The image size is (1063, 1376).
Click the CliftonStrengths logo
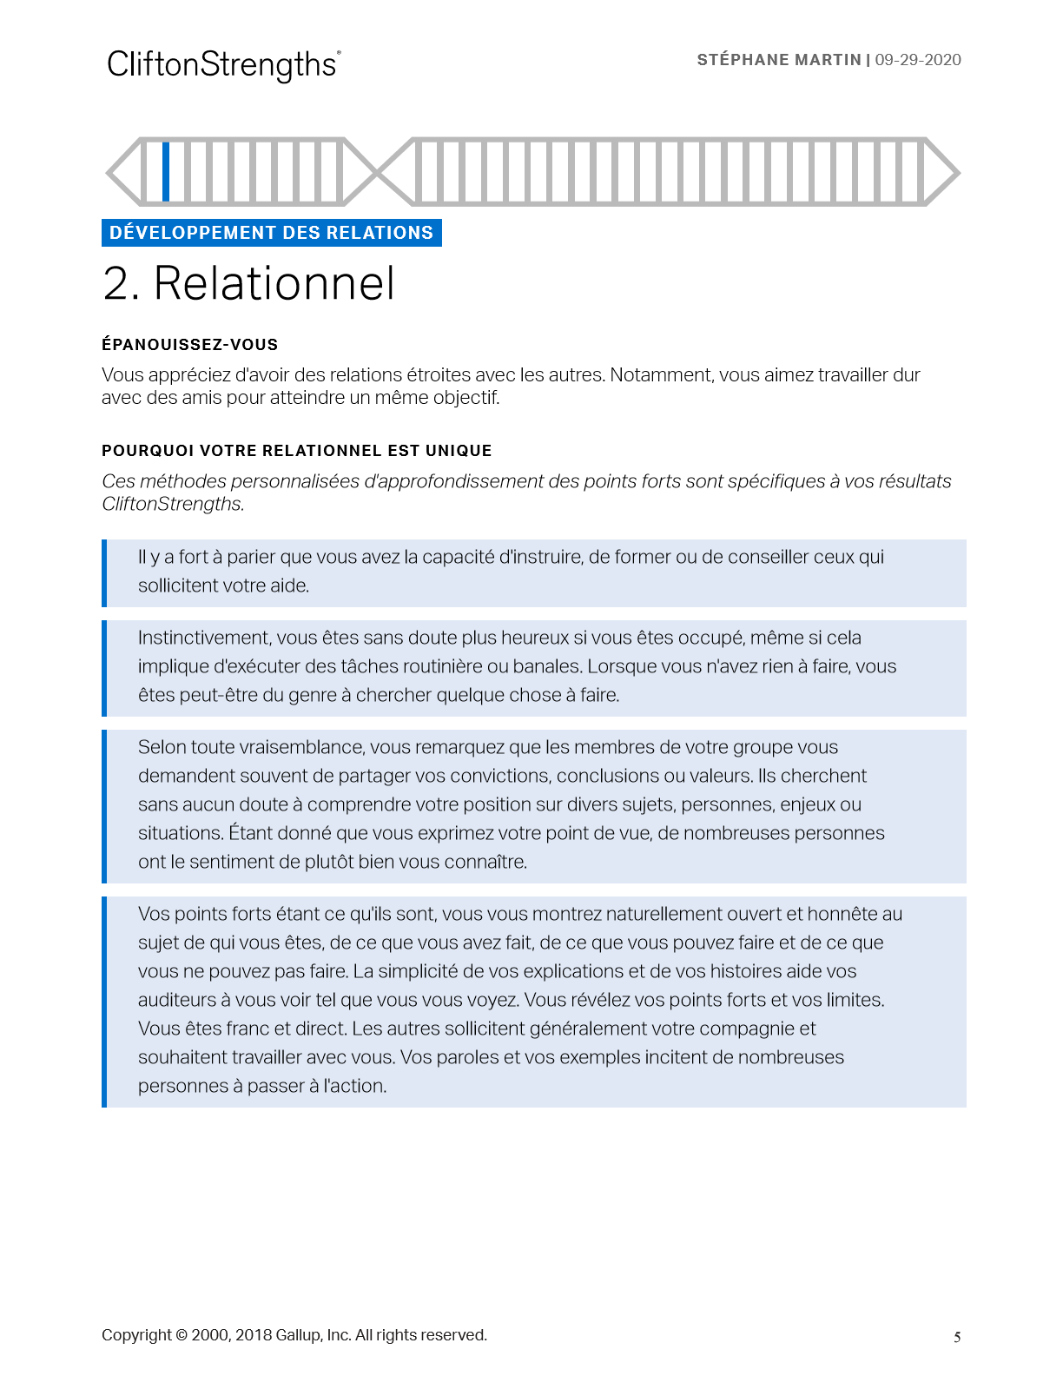pyautogui.click(x=223, y=65)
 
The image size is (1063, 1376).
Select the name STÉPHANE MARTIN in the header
pyautogui.click(x=778, y=60)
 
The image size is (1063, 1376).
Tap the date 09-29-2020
pyautogui.click(x=918, y=60)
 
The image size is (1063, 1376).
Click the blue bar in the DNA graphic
pyautogui.click(x=166, y=171)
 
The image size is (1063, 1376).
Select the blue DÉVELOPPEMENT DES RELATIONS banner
pyautogui.click(x=271, y=233)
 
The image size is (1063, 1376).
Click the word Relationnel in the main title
pyautogui.click(x=274, y=283)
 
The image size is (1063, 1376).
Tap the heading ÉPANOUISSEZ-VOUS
pyautogui.click(x=189, y=345)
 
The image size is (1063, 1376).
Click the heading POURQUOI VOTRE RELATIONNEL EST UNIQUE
pyautogui.click(x=296, y=451)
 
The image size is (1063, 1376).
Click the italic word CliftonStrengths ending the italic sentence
pyautogui.click(x=173, y=504)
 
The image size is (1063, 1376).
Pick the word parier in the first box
pyautogui.click(x=251, y=557)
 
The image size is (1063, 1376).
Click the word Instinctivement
pyautogui.click(x=203, y=638)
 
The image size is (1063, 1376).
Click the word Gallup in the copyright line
pyautogui.click(x=298, y=1335)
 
